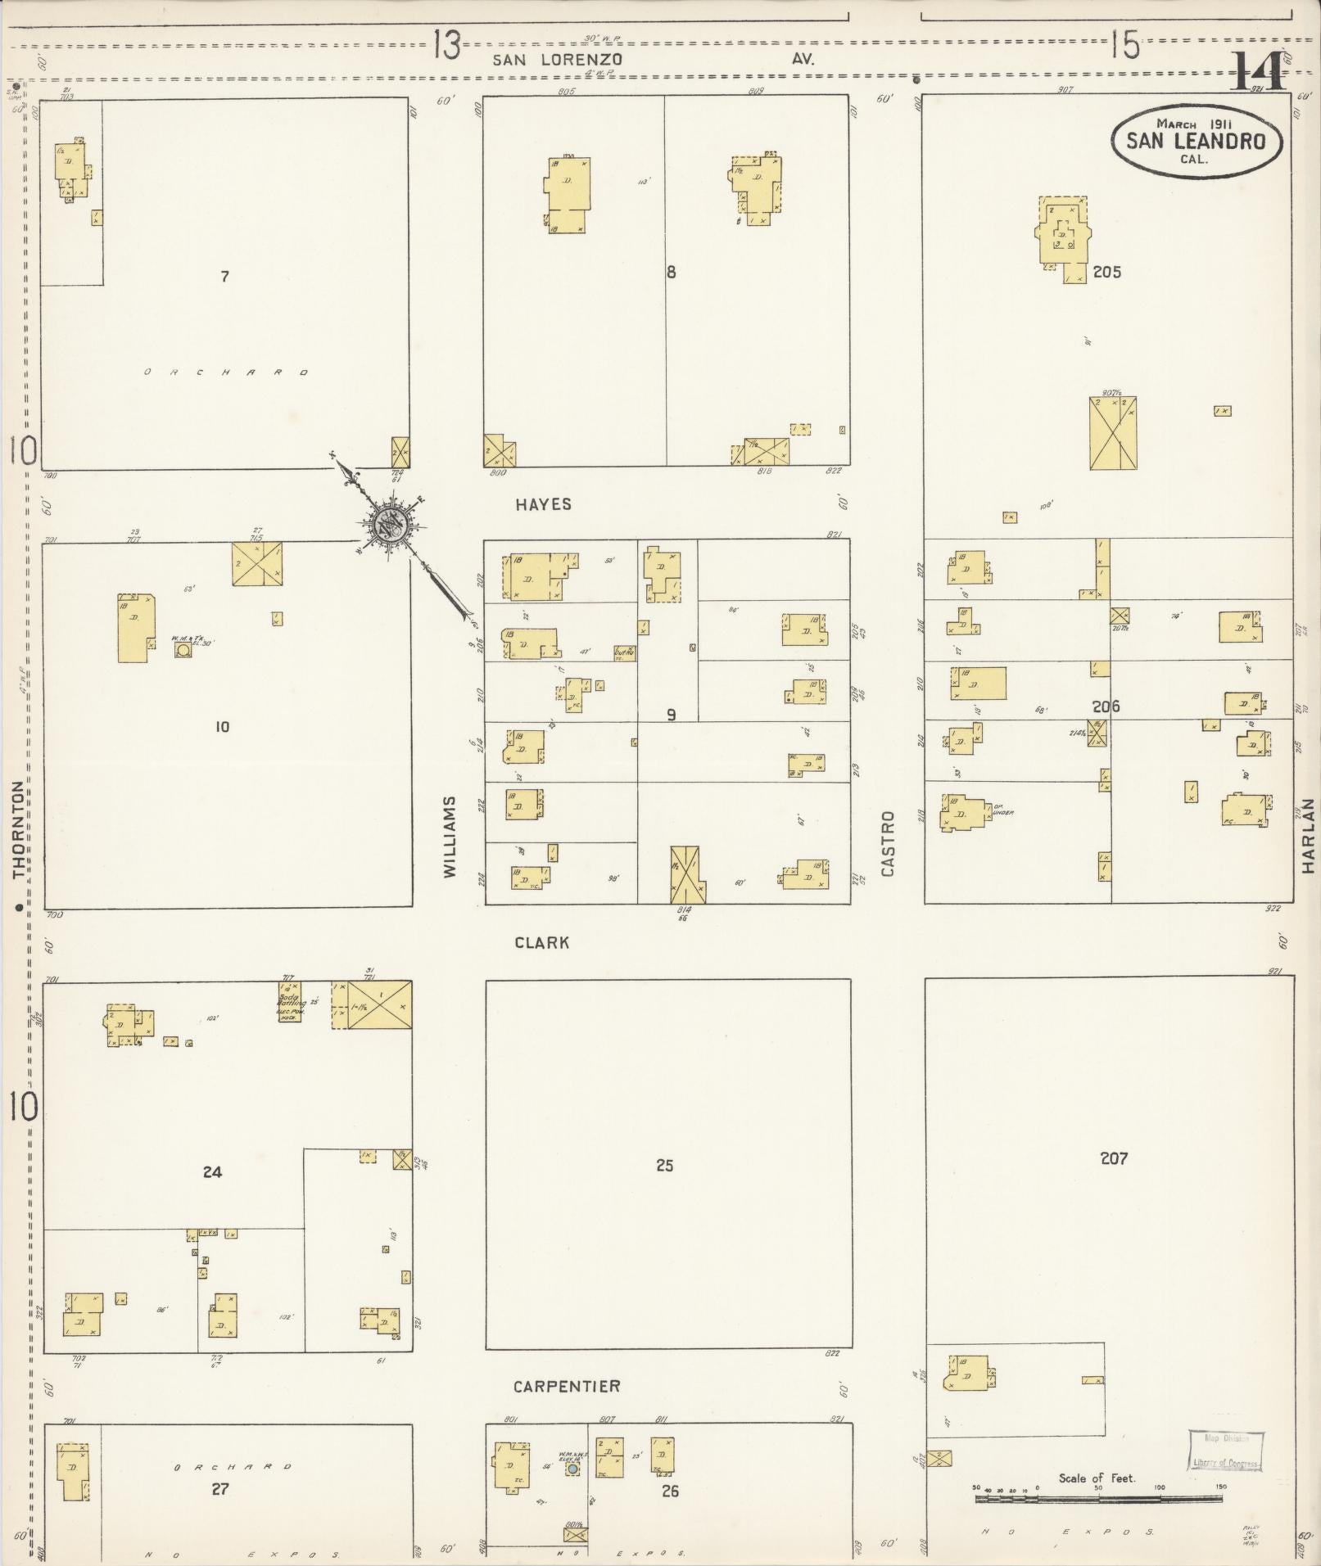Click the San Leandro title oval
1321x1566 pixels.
1197,141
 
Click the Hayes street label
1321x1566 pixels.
544,504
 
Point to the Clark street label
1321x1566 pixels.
542,942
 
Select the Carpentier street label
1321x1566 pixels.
567,1386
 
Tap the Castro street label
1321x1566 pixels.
888,843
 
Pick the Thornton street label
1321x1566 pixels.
19,828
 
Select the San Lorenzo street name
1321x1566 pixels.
557,60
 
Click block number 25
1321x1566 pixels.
664,1165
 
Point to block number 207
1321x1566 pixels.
1114,1158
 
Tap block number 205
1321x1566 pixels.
1106,272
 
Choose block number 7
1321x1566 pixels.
224,277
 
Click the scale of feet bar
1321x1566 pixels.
1098,1498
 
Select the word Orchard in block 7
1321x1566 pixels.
226,372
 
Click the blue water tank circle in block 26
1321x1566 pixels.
573,1469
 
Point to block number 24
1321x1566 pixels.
212,1172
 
